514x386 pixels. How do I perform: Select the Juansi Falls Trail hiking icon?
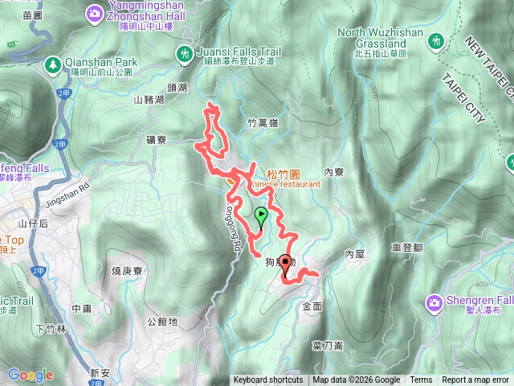pos(184,53)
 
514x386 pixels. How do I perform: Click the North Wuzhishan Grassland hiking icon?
pos(436,39)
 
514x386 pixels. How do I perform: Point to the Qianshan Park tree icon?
pos(53,62)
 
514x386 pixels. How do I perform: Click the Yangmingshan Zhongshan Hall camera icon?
pos(95,12)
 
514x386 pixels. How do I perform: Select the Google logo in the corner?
pos(31,375)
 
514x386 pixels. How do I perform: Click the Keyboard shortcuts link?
pos(268,380)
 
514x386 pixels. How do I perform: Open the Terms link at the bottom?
pos(421,380)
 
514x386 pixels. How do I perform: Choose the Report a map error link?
pos(475,380)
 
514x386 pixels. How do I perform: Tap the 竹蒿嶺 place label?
pos(263,123)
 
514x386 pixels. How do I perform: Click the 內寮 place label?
pos(333,172)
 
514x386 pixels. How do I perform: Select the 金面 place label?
pos(312,306)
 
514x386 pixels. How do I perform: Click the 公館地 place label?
pos(162,322)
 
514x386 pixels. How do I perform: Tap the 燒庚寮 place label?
pos(127,271)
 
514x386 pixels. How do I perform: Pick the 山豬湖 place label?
pos(149,100)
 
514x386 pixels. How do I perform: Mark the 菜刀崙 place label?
pos(328,345)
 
